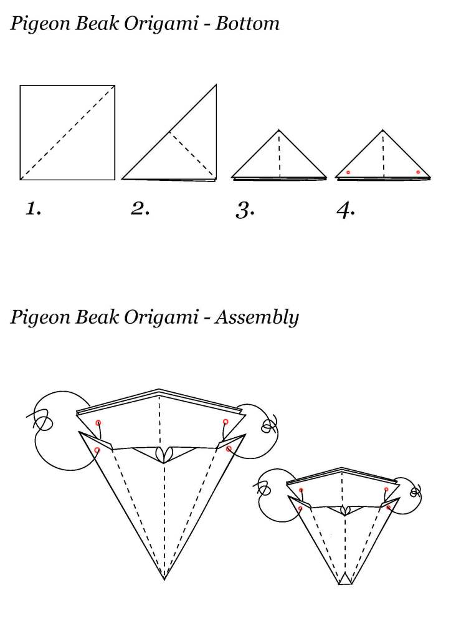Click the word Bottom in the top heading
(247, 23)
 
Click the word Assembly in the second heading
(257, 317)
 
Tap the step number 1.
(33, 209)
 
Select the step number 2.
(140, 209)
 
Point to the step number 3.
(245, 211)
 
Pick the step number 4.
(346, 211)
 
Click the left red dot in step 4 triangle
(348, 173)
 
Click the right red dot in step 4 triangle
(418, 172)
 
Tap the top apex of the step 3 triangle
(278, 130)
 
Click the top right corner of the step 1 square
(115, 85)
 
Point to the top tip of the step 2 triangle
(216, 85)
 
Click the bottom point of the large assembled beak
(164, 579)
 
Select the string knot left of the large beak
(42, 420)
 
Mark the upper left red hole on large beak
(98, 423)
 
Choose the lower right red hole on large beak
(229, 449)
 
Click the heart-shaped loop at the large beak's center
(164, 454)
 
